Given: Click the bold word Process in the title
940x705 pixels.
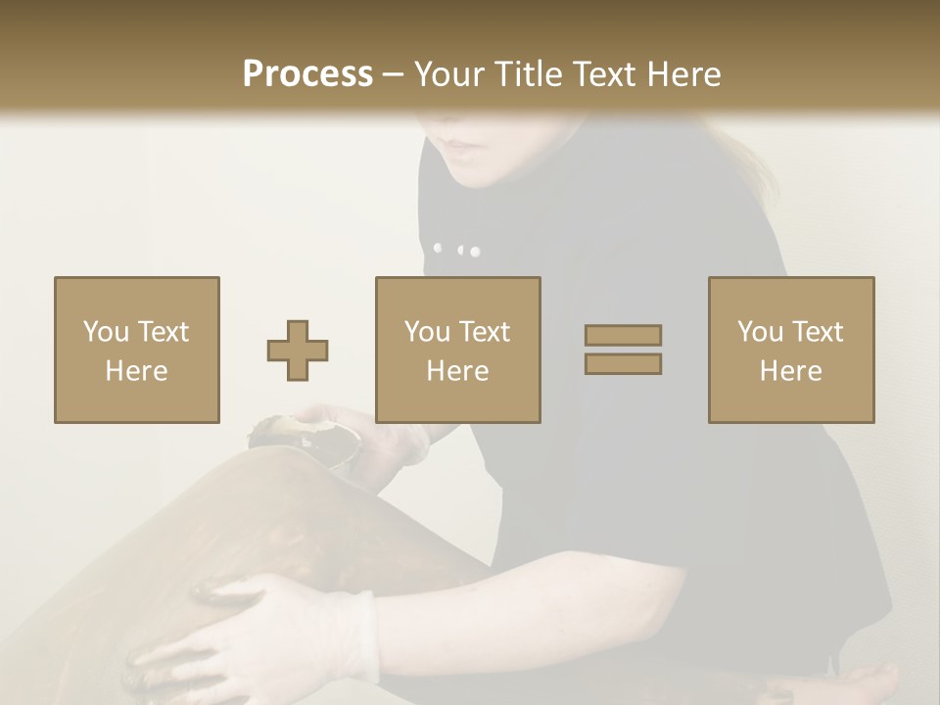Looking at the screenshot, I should (307, 74).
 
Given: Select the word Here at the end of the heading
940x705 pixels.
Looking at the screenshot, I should (681, 74).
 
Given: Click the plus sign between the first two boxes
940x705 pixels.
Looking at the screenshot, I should (298, 350).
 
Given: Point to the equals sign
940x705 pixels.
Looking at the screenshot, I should (623, 350).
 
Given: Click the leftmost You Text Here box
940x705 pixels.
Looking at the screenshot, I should (137, 350).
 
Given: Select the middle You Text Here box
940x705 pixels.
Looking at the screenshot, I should (458, 350).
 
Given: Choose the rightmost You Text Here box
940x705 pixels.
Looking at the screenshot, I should (791, 350).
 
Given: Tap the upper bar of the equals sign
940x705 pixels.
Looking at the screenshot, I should (623, 336).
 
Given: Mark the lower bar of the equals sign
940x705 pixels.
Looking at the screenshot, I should (623, 363).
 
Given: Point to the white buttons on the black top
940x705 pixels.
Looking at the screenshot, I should (457, 250).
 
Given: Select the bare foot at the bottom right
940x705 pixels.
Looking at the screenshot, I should (867, 681).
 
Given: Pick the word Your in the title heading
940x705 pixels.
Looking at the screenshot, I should (446, 74).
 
